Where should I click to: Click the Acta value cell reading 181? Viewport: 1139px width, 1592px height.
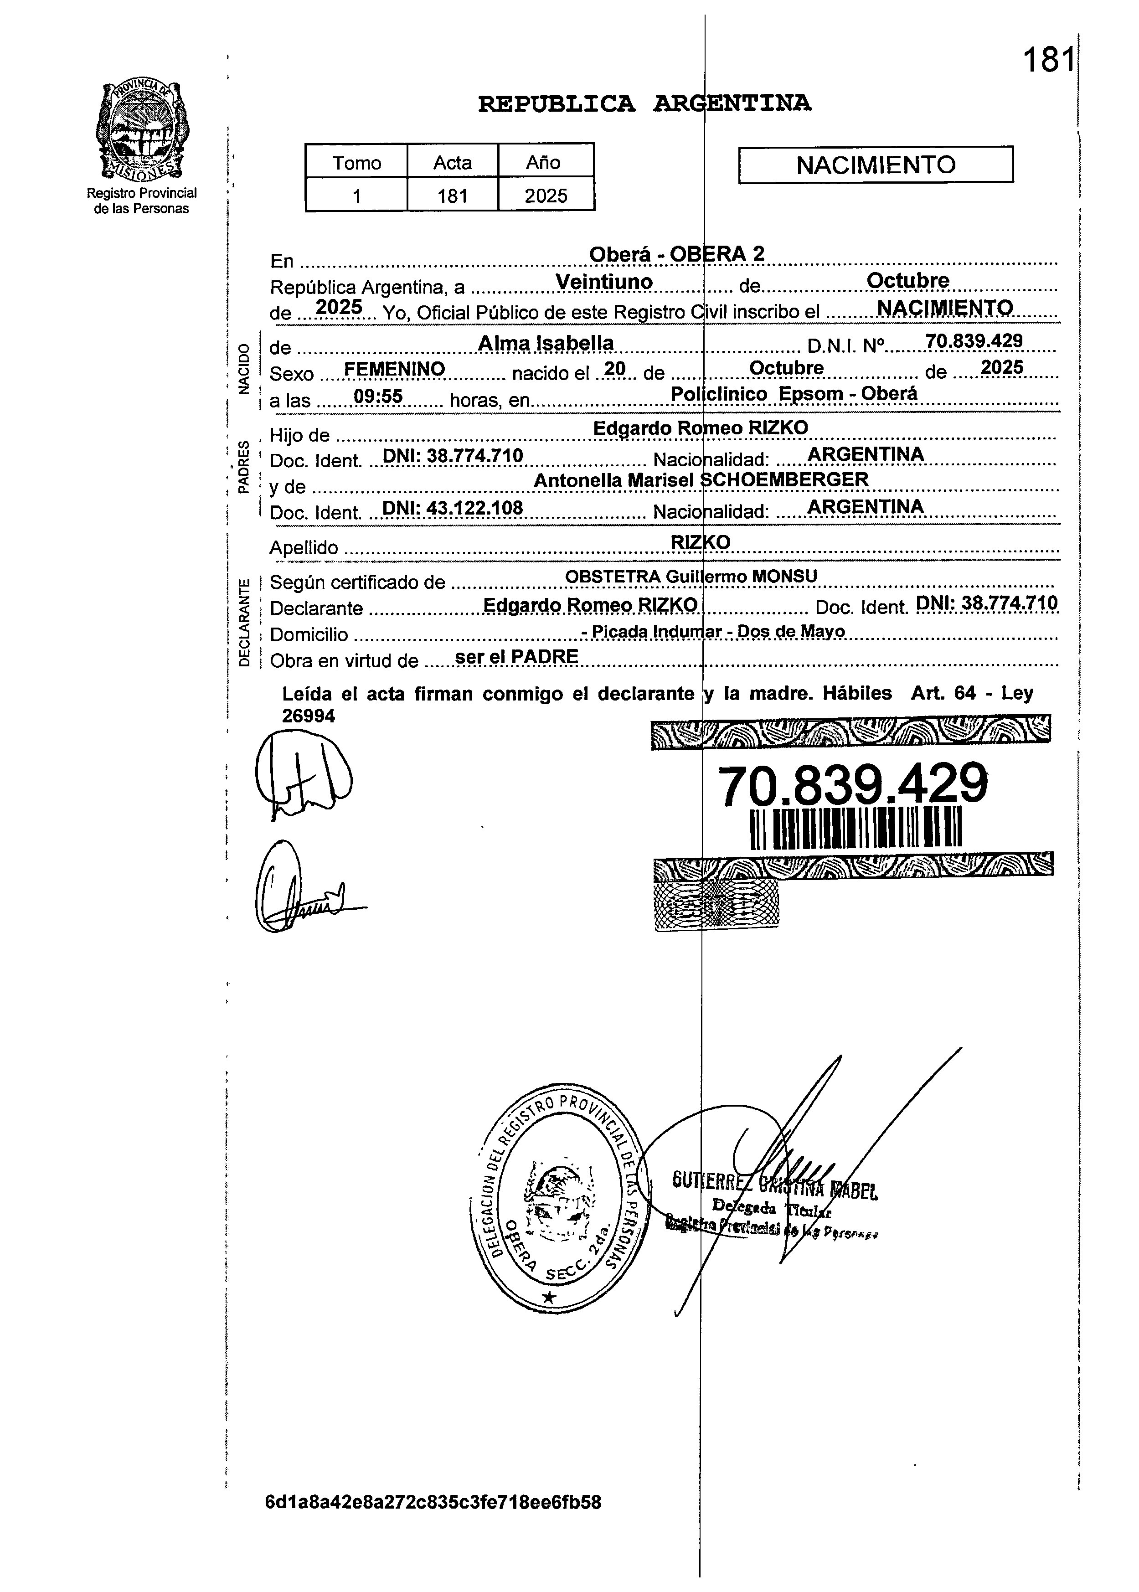(x=453, y=196)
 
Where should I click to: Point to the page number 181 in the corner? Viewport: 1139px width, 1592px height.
(x=1048, y=60)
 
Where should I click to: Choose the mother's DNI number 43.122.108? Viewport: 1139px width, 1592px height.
(x=453, y=508)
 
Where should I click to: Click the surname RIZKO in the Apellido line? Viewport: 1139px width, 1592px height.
(x=701, y=542)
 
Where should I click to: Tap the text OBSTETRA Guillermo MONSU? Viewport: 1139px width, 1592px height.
(x=691, y=577)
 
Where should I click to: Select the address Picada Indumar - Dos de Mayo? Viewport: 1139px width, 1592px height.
(x=713, y=631)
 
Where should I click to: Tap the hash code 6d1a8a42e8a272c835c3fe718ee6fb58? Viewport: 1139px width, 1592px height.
(x=433, y=1502)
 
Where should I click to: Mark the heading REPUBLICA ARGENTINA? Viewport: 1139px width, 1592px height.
(x=644, y=104)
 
